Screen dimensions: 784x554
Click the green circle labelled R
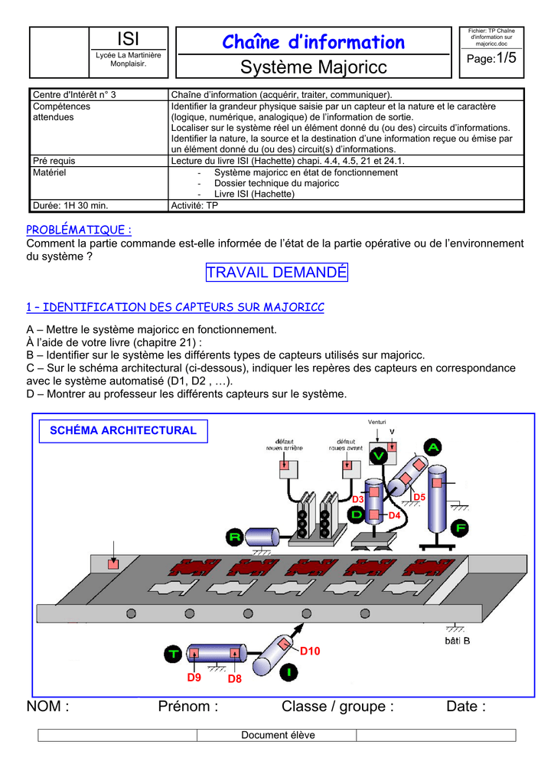[235, 537]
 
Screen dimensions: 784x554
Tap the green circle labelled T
[173, 653]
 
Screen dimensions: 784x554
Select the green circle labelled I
[288, 673]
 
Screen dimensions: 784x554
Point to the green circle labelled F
[461, 528]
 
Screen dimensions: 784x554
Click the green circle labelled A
[434, 446]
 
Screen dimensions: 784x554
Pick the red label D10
[309, 651]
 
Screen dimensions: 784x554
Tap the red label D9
[194, 678]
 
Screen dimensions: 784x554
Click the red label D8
[234, 678]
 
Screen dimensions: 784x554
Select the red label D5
[419, 498]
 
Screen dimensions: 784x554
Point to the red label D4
[395, 516]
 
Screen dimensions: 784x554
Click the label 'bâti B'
[457, 640]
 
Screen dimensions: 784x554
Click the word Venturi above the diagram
[376, 423]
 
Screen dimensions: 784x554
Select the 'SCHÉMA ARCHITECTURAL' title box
[122, 431]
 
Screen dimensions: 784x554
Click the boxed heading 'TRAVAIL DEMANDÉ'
[277, 272]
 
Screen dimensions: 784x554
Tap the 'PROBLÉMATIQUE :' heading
[79, 230]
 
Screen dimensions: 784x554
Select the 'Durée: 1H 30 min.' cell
[70, 205]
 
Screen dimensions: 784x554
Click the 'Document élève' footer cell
[278, 735]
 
